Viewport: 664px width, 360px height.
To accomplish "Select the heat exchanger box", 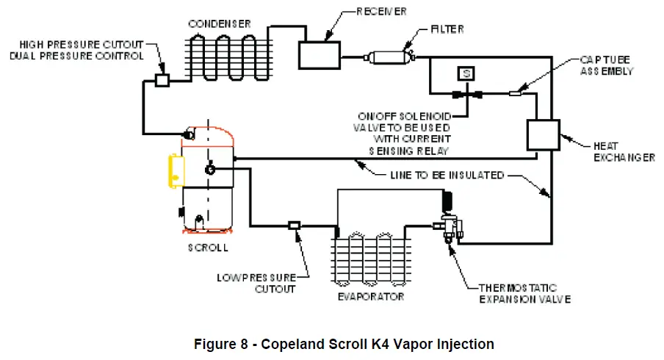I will click(x=543, y=135).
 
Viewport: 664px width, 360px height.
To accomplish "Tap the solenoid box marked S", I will click(x=466, y=73).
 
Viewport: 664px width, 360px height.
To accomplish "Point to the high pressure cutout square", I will click(x=163, y=79).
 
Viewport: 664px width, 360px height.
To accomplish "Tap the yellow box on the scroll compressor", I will click(x=176, y=170).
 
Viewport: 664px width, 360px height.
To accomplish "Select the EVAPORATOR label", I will click(x=370, y=297).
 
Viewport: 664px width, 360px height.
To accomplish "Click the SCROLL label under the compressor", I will click(x=208, y=248).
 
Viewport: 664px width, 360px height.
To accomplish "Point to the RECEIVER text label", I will click(x=383, y=12).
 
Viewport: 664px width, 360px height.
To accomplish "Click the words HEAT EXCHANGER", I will click(x=623, y=151).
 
